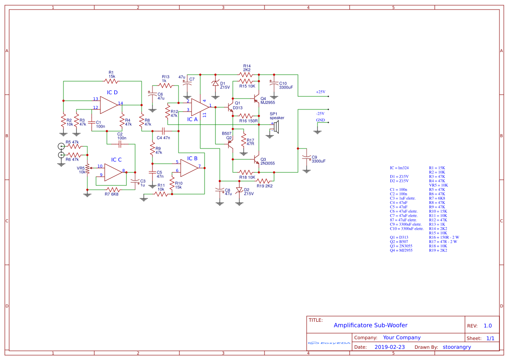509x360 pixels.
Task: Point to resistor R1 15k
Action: point(112,81)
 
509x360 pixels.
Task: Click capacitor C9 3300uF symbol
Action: point(307,158)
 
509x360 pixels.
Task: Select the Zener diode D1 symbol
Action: point(215,83)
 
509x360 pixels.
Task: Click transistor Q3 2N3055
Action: point(256,159)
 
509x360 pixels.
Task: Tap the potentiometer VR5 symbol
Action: point(87,168)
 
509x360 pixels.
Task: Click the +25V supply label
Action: point(321,92)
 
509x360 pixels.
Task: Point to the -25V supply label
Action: point(321,113)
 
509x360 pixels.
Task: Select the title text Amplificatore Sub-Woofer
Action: point(370,325)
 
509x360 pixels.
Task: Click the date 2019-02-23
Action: point(390,347)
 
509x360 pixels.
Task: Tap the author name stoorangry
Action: point(456,347)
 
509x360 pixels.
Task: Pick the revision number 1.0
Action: point(488,326)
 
